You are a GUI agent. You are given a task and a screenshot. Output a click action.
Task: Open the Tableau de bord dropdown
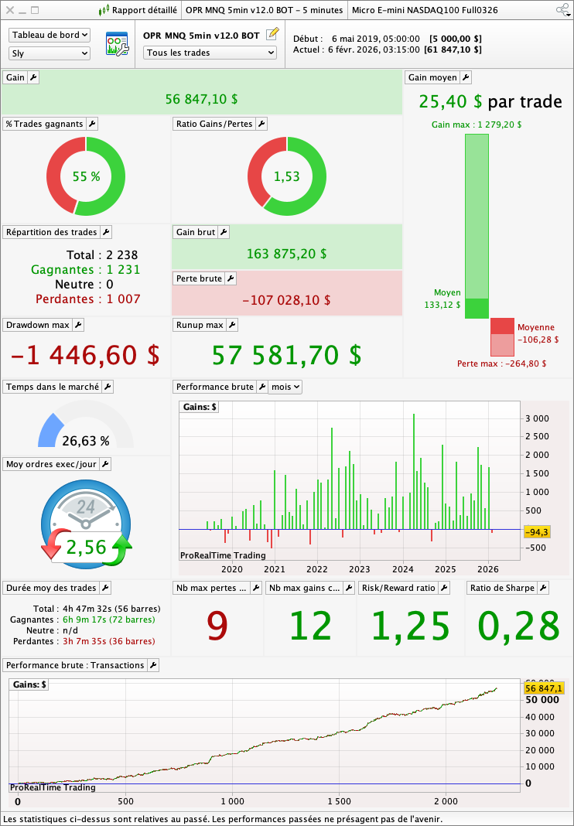(50, 36)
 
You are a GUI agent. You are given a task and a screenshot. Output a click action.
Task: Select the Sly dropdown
(50, 53)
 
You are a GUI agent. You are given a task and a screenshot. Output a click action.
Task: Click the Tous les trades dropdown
(210, 53)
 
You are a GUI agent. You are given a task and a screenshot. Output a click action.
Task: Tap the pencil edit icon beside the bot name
(272, 35)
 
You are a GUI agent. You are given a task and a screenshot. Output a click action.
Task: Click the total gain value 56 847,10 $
(201, 99)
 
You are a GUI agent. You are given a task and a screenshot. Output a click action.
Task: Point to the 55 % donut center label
(86, 176)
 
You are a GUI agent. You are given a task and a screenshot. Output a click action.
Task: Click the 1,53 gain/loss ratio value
(286, 176)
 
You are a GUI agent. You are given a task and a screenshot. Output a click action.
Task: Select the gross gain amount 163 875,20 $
(286, 254)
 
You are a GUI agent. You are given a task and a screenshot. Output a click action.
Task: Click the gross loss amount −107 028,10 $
(286, 300)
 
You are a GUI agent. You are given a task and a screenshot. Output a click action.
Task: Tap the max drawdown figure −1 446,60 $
(85, 355)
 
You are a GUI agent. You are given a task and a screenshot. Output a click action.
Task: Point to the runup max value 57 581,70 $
(286, 355)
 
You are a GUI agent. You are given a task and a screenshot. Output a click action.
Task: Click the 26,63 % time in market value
(86, 441)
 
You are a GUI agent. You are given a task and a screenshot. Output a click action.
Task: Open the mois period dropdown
(285, 387)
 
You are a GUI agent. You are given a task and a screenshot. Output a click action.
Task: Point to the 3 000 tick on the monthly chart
(537, 418)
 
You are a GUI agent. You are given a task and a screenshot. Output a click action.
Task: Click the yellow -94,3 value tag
(537, 532)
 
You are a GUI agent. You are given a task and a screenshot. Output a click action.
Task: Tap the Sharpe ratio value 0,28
(518, 626)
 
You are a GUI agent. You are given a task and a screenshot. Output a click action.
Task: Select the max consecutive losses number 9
(217, 626)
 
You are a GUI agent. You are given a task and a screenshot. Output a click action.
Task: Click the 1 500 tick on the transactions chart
(339, 801)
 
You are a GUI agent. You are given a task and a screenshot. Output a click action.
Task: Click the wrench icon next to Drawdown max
(78, 325)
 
